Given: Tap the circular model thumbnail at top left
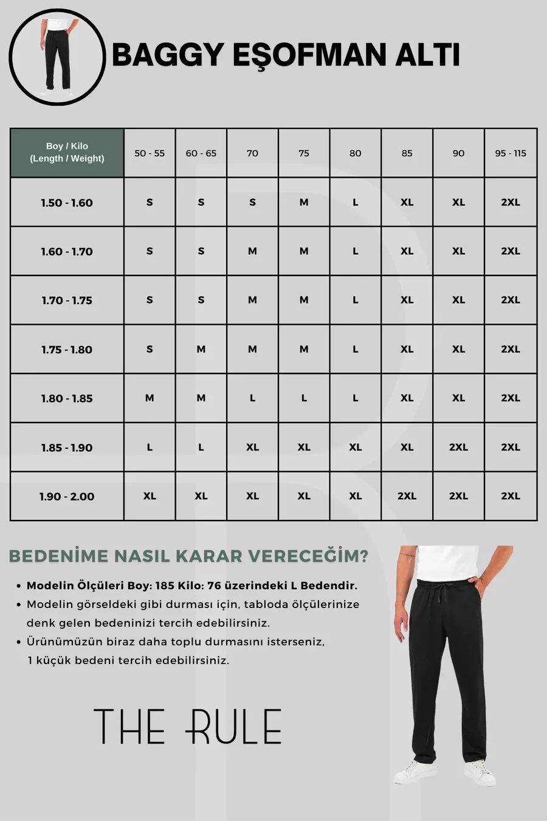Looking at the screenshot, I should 57,57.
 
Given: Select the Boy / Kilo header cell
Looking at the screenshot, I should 67,153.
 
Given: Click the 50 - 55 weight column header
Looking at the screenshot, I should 150,153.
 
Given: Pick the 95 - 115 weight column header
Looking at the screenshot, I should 511,153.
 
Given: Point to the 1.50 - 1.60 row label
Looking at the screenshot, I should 67,203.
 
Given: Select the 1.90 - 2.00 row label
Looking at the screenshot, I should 67,497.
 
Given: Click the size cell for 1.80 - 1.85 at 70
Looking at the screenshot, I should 252,398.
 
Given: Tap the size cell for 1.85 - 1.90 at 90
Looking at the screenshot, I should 458,448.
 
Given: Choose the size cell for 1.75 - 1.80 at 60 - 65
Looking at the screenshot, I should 201,350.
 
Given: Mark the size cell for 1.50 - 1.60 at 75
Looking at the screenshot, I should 304,203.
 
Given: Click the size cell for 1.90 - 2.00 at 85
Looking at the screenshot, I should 407,496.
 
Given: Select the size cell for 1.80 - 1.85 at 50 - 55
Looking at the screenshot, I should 150,398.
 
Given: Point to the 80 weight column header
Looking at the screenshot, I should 356,153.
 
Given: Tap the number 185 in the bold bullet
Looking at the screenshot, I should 164,586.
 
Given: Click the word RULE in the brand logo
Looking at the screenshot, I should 234,727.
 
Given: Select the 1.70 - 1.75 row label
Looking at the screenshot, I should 67,300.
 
